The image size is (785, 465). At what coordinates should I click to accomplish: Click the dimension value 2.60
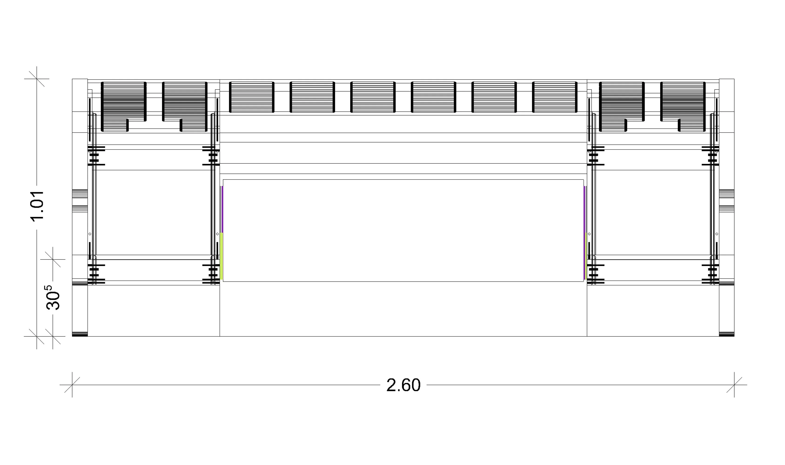pos(403,385)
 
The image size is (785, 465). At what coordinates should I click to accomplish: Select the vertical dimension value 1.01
pos(37,206)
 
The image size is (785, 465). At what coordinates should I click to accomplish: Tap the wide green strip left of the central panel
pos(221,256)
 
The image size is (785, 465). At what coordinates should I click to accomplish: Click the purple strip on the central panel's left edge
pos(222,209)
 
